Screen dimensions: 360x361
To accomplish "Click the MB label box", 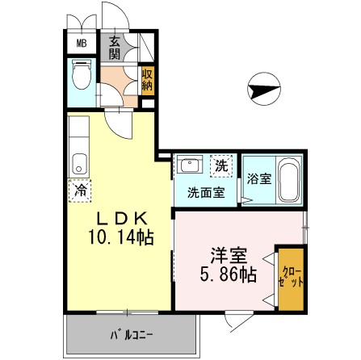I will pos(82,43).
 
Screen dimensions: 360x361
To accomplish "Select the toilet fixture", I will pos(82,74).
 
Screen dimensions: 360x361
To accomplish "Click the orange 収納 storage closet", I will pos(148,81).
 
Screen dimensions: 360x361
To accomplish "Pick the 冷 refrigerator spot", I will pos(81,190).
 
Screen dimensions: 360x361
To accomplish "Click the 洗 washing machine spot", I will pos(220,165).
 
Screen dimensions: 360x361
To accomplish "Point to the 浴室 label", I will pos(259,178).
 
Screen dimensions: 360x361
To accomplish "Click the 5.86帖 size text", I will pos(229,274).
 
